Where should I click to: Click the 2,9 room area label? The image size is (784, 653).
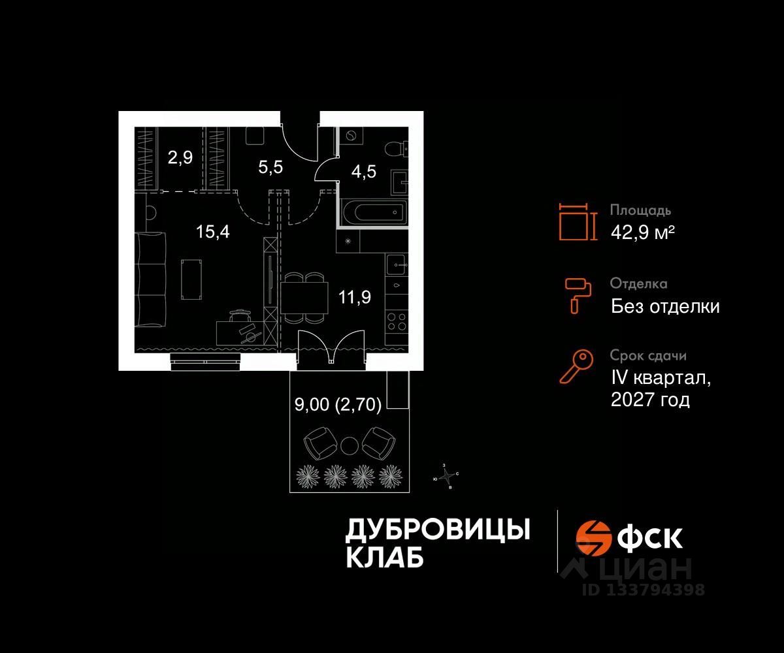(x=180, y=159)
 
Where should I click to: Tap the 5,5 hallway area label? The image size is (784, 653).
(x=270, y=167)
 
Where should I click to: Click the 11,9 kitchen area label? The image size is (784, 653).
(x=355, y=297)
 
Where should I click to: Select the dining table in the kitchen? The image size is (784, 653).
(x=305, y=297)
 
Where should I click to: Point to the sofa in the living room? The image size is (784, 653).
(x=152, y=279)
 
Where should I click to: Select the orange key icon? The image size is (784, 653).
(x=576, y=366)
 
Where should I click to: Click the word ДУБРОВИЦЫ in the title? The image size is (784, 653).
(x=437, y=530)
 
